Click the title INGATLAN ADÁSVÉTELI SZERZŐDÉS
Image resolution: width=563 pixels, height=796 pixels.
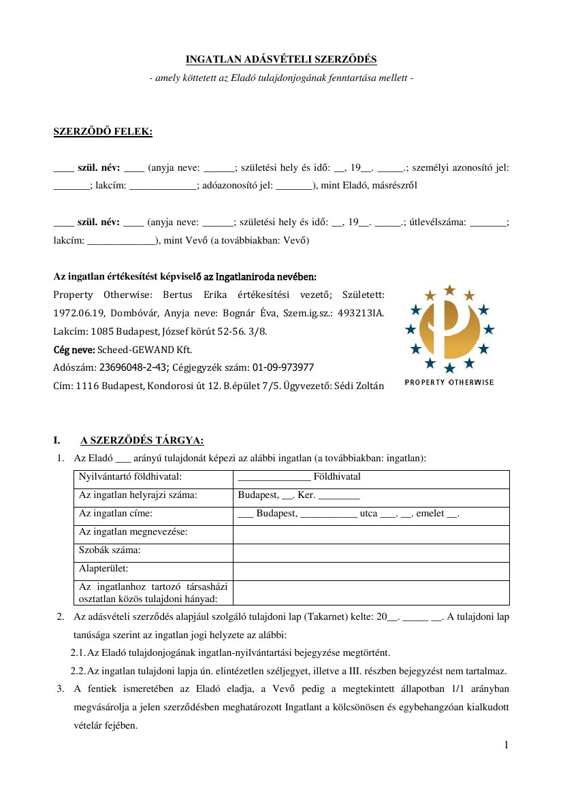(281, 60)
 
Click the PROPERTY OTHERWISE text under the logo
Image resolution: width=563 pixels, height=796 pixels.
(449, 382)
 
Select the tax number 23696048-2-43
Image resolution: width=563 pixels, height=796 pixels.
(134, 367)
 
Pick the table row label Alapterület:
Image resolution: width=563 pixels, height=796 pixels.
(104, 568)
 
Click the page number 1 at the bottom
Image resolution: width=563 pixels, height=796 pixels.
(506, 746)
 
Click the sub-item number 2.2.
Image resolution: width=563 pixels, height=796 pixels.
(78, 670)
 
